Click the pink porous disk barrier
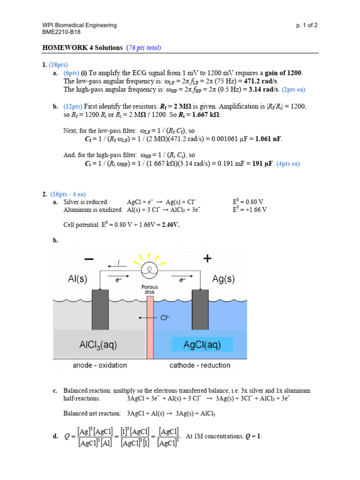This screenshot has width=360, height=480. click(x=150, y=333)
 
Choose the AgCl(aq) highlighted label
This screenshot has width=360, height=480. click(x=202, y=345)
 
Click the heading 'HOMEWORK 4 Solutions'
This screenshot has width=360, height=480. click(x=82, y=47)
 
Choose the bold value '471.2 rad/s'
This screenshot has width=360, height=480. click(x=259, y=81)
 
